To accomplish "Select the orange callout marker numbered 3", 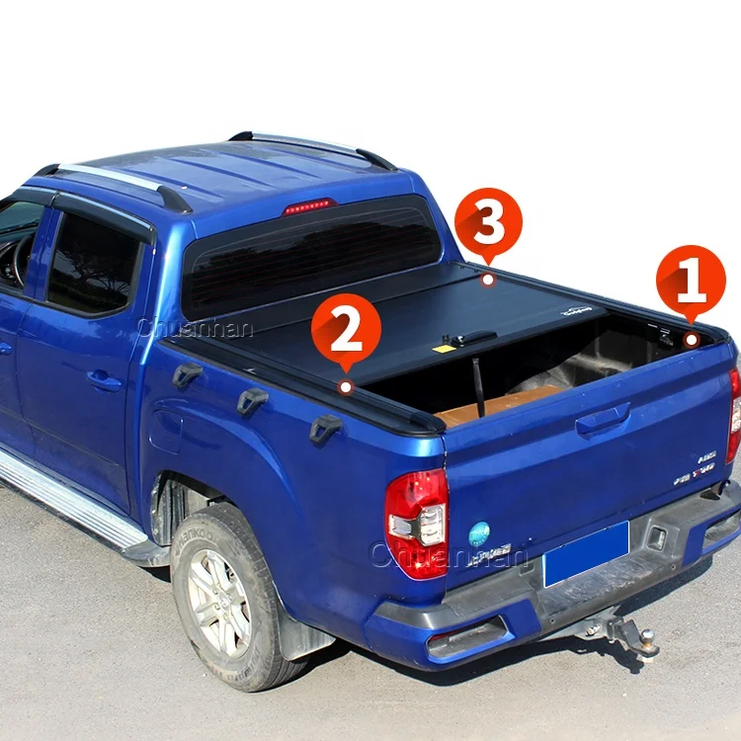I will [488, 222].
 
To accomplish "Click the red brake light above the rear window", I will [309, 206].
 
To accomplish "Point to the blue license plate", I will [586, 553].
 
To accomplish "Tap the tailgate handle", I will [604, 419].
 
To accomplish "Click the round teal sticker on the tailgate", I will [479, 534].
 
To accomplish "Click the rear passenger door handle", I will [105, 380].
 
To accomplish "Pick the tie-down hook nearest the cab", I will [187, 374].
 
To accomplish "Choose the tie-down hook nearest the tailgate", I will [325, 428].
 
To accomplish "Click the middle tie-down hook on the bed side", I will [252, 401].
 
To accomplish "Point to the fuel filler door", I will [166, 431].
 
